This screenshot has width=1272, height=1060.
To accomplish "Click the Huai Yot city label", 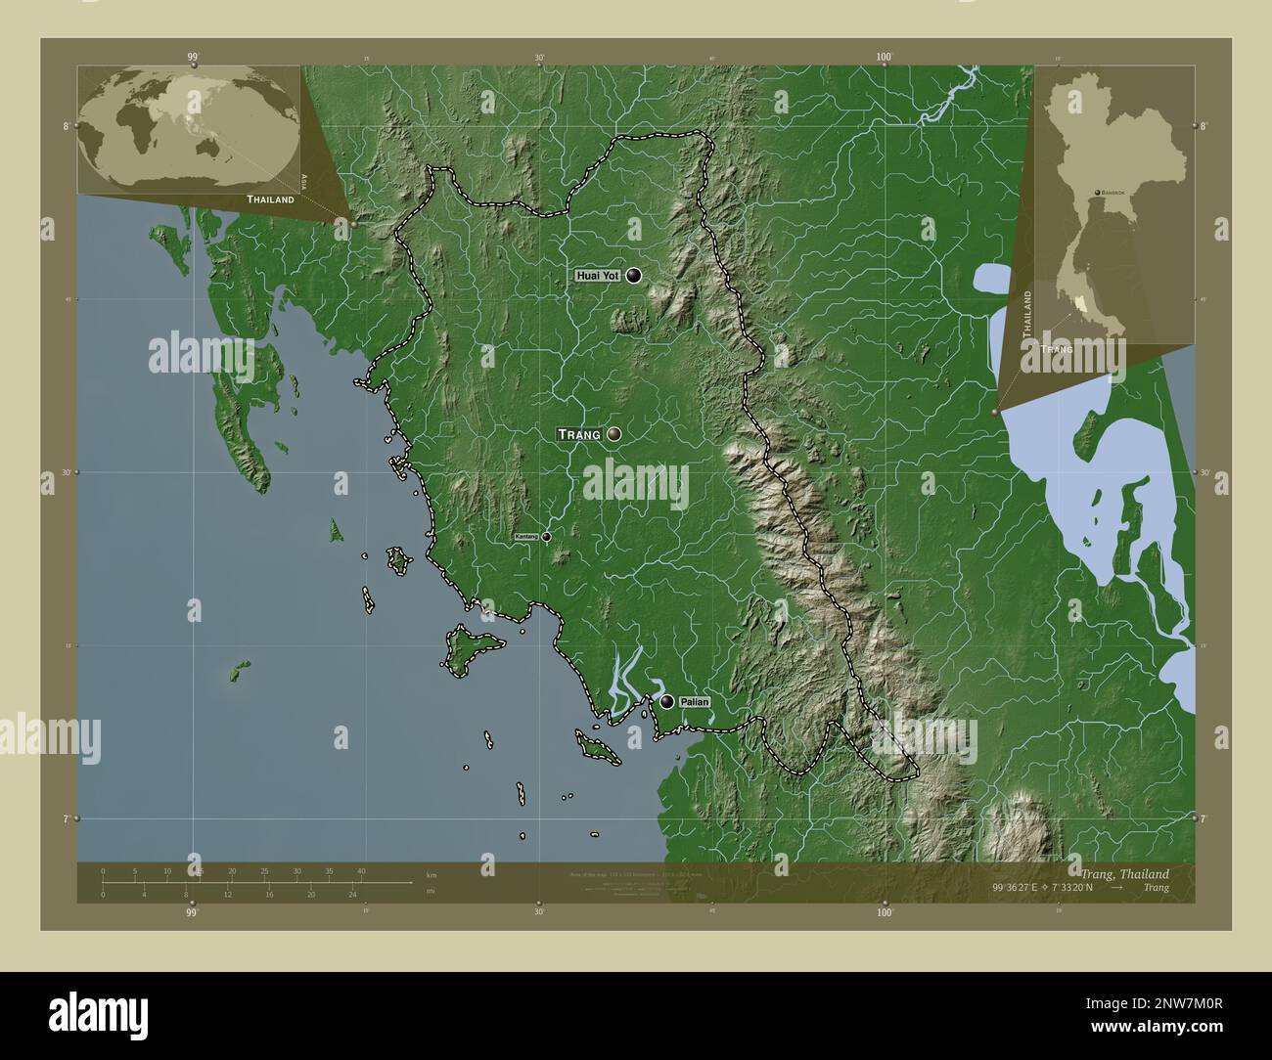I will coord(598,277).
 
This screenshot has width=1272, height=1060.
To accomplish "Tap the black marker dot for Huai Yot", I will coord(634,276).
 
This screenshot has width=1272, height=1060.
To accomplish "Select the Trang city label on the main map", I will coord(578,434).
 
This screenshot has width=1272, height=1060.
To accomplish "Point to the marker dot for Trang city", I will coord(614,433).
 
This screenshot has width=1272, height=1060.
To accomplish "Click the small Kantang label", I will coord(526,537).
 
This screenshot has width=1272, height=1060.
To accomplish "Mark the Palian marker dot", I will coord(666,701).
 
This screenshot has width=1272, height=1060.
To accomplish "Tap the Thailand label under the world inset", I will coord(270,199).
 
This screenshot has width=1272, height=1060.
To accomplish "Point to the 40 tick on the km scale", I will coord(361,870).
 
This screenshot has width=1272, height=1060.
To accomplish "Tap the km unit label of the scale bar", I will coord(431,873).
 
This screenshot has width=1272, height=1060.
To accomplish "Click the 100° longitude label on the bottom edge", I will coord(885,912).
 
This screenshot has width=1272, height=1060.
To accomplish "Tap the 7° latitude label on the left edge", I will coord(66,818).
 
